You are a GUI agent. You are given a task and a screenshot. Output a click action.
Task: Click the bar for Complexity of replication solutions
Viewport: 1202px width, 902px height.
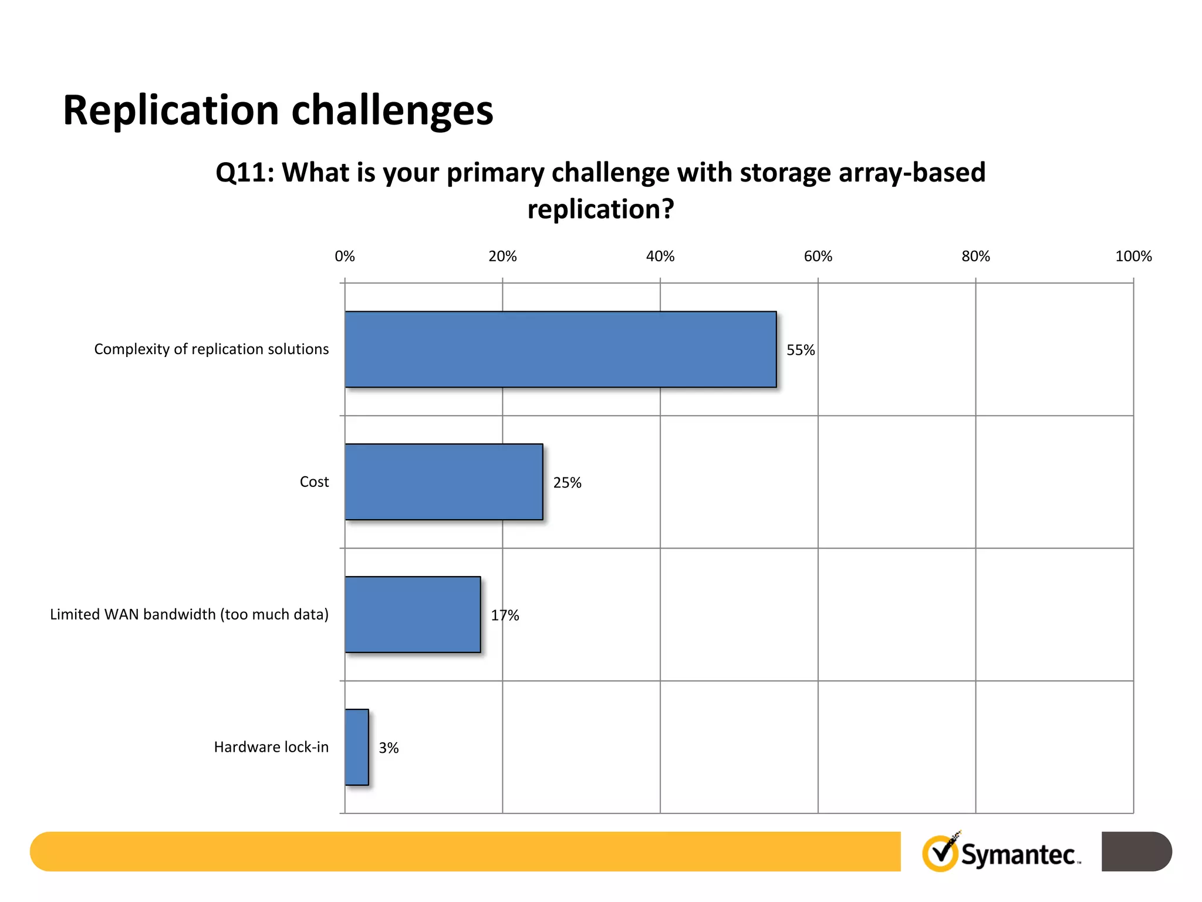pyautogui.click(x=561, y=349)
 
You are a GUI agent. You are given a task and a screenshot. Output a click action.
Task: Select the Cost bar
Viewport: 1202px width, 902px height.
pyautogui.click(x=444, y=482)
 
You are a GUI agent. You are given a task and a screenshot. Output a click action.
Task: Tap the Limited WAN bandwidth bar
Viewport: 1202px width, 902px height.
pyautogui.click(x=413, y=615)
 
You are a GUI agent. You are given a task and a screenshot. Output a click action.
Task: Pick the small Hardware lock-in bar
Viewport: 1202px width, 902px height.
pyautogui.click(x=357, y=748)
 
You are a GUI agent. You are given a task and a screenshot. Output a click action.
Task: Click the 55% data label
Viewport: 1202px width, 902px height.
pyautogui.click(x=801, y=351)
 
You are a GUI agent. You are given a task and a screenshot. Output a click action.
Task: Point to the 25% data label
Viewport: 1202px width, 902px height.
pyautogui.click(x=567, y=483)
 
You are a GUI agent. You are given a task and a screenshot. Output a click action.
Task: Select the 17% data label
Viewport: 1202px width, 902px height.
pyautogui.click(x=505, y=616)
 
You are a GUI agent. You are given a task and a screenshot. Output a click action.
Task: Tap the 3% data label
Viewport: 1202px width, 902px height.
pyautogui.click(x=389, y=748)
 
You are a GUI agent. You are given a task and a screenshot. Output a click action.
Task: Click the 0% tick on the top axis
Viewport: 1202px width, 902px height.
pyautogui.click(x=345, y=257)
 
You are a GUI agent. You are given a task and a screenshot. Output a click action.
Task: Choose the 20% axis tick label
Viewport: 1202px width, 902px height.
pyautogui.click(x=502, y=257)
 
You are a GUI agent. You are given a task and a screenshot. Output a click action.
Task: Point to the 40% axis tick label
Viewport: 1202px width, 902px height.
pyautogui.click(x=660, y=257)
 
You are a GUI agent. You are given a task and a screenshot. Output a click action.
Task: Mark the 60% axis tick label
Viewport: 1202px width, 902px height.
pyautogui.click(x=818, y=257)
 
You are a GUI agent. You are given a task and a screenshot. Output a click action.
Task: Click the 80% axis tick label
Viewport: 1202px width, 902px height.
pyautogui.click(x=975, y=257)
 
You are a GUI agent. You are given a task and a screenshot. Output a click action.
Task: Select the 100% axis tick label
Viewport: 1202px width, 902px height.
pyautogui.click(x=1133, y=257)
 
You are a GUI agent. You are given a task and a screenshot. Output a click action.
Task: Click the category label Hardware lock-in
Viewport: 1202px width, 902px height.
pyautogui.click(x=271, y=747)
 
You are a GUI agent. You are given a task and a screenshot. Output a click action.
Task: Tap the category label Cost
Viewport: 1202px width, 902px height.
pyautogui.click(x=314, y=482)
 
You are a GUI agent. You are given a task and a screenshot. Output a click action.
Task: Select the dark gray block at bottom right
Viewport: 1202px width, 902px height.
pyautogui.click(x=1136, y=851)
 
